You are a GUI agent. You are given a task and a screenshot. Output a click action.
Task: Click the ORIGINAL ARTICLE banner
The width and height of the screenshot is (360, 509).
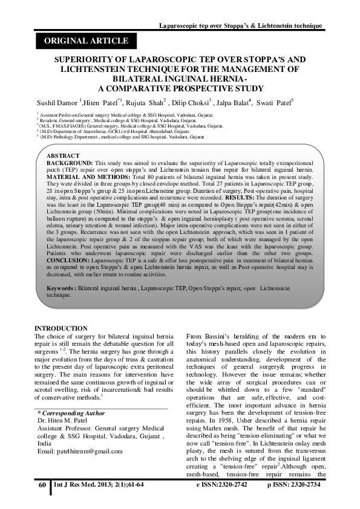tap(83, 41)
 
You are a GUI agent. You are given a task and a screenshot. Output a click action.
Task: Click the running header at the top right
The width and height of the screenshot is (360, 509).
tap(240, 26)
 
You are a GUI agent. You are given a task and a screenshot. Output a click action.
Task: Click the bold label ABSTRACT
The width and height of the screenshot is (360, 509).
tap(63, 156)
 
